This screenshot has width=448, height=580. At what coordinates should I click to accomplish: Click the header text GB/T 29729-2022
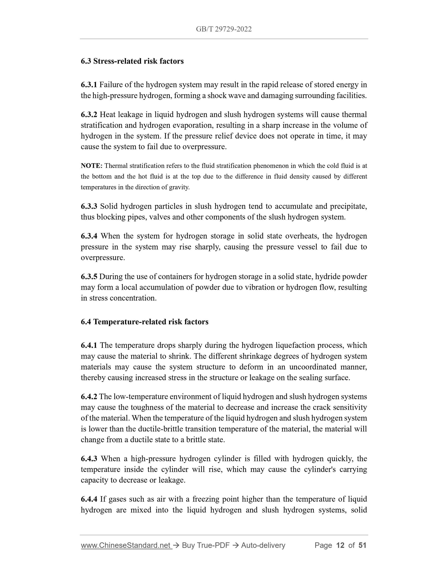(224, 29)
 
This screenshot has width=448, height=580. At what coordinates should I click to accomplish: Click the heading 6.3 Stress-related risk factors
(132, 61)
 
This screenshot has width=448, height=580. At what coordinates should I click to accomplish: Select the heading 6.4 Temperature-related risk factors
(145, 322)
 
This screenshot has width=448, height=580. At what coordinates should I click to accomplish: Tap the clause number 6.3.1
(89, 85)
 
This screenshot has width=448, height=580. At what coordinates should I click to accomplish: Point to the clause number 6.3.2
(89, 114)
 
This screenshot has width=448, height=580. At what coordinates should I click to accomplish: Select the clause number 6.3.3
(89, 206)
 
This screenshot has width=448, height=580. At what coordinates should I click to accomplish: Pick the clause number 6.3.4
(89, 236)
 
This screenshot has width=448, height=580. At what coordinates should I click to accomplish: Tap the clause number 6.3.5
(89, 276)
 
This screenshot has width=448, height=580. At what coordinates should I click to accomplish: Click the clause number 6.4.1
(89, 345)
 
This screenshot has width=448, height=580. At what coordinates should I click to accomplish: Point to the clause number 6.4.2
(89, 396)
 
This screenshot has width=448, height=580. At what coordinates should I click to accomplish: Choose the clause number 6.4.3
(89, 459)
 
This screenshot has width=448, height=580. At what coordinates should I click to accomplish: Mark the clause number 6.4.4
(89, 499)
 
